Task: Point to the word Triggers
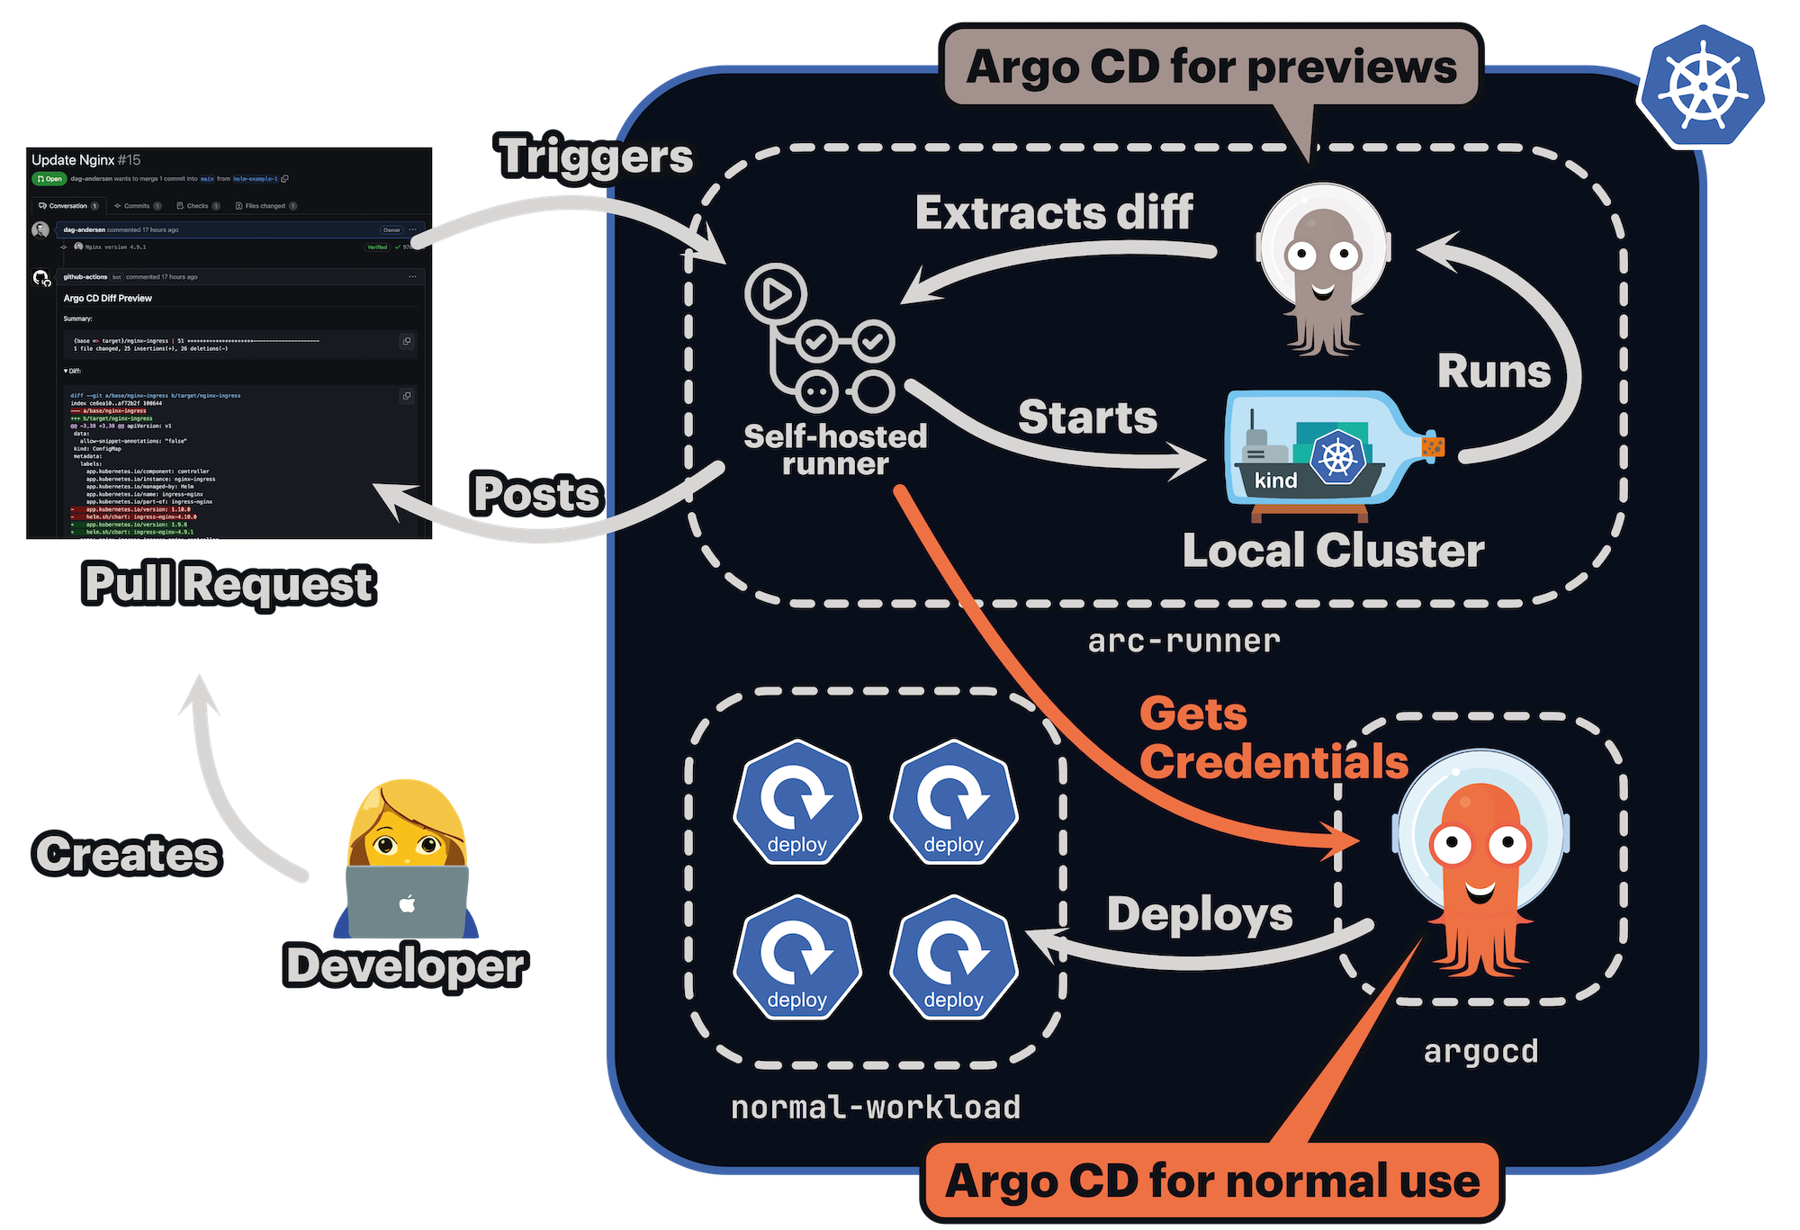596,157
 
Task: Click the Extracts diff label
1054,213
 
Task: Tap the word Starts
1087,417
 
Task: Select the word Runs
1494,372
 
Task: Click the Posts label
536,494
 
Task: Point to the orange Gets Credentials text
1273,739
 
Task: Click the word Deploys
1200,914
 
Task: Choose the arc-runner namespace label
1183,642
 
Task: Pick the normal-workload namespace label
876,1108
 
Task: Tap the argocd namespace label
1480,1052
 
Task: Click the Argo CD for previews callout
1210,67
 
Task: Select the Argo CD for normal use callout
1211,1181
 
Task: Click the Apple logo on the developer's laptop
408,903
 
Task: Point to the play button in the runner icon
776,294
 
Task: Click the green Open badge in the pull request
49,179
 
